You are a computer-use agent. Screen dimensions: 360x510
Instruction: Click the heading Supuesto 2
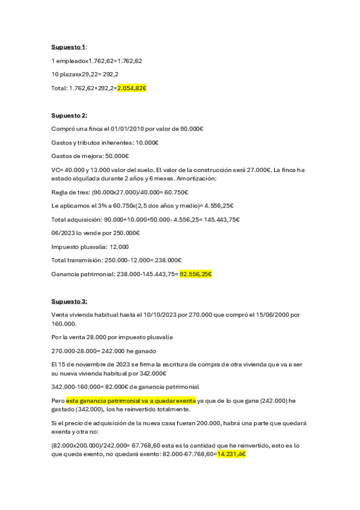click(x=69, y=115)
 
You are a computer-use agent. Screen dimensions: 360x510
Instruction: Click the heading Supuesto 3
click(x=69, y=301)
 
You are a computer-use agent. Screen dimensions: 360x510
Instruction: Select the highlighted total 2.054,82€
click(x=132, y=88)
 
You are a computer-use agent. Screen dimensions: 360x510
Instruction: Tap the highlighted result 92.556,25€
click(x=196, y=274)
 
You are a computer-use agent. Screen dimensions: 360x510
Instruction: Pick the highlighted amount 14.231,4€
click(x=232, y=455)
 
